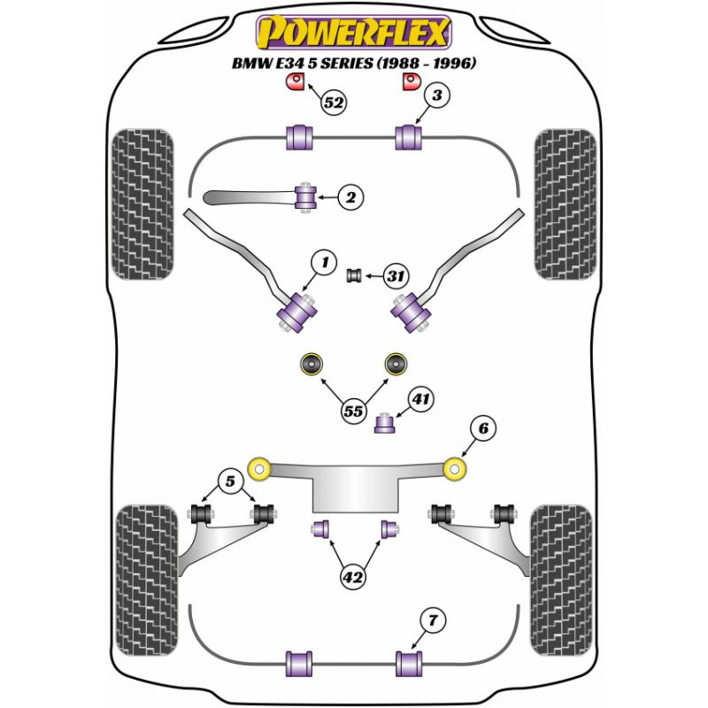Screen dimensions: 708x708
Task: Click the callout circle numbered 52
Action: [334, 103]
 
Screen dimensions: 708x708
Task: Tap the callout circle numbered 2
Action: [350, 198]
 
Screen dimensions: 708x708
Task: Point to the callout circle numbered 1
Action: [325, 261]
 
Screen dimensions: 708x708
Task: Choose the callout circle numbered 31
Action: [395, 277]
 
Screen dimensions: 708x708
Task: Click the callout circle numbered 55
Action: [355, 411]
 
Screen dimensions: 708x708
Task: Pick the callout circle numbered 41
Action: [420, 400]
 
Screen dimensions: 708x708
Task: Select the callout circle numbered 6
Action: [483, 429]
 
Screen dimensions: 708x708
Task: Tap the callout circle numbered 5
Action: [230, 482]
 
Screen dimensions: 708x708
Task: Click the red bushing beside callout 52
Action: [293, 82]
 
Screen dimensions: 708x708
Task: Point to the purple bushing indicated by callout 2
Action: [306, 196]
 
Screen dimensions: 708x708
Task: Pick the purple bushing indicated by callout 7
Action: [409, 662]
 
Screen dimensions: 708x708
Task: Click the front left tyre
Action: [142, 204]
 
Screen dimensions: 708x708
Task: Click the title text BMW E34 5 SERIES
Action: [353, 64]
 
